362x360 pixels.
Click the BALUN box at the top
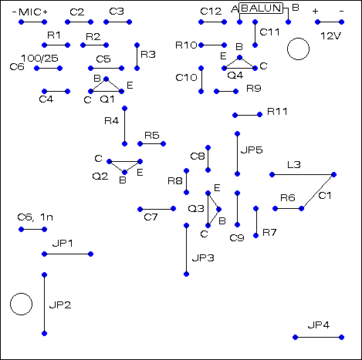(x=263, y=8)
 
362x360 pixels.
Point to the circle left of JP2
(x=21, y=304)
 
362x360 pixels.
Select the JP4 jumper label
(x=319, y=325)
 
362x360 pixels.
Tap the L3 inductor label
(x=293, y=165)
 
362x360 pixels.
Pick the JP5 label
(x=252, y=150)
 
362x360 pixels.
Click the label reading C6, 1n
(x=36, y=218)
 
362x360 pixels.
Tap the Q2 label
(x=100, y=177)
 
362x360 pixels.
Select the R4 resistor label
(x=111, y=121)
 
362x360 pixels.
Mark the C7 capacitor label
(x=151, y=218)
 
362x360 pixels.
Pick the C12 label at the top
(x=210, y=12)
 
